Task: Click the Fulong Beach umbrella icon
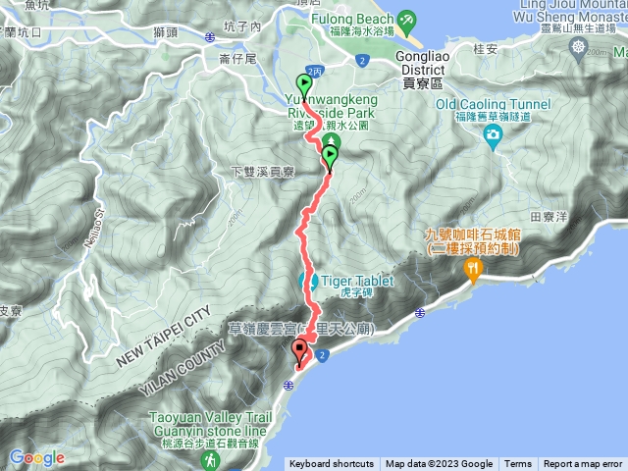coord(404,18)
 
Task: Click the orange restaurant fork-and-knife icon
coord(475,267)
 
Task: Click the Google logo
coord(36,458)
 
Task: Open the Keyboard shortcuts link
coord(331,464)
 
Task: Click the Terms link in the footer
coord(518,464)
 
